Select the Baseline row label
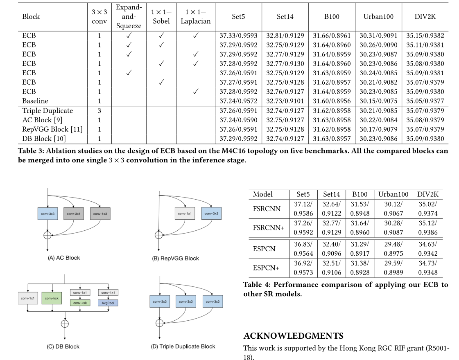35,101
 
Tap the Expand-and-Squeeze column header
129,17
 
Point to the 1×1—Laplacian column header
195,17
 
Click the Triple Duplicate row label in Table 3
47,110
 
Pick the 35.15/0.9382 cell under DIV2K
425,35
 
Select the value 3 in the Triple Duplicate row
99,110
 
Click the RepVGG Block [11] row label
52,129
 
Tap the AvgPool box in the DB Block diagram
108,303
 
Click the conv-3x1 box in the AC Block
73,214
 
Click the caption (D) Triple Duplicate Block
183,346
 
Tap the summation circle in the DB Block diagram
64,323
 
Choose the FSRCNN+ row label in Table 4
269,227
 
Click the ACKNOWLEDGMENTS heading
293,336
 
